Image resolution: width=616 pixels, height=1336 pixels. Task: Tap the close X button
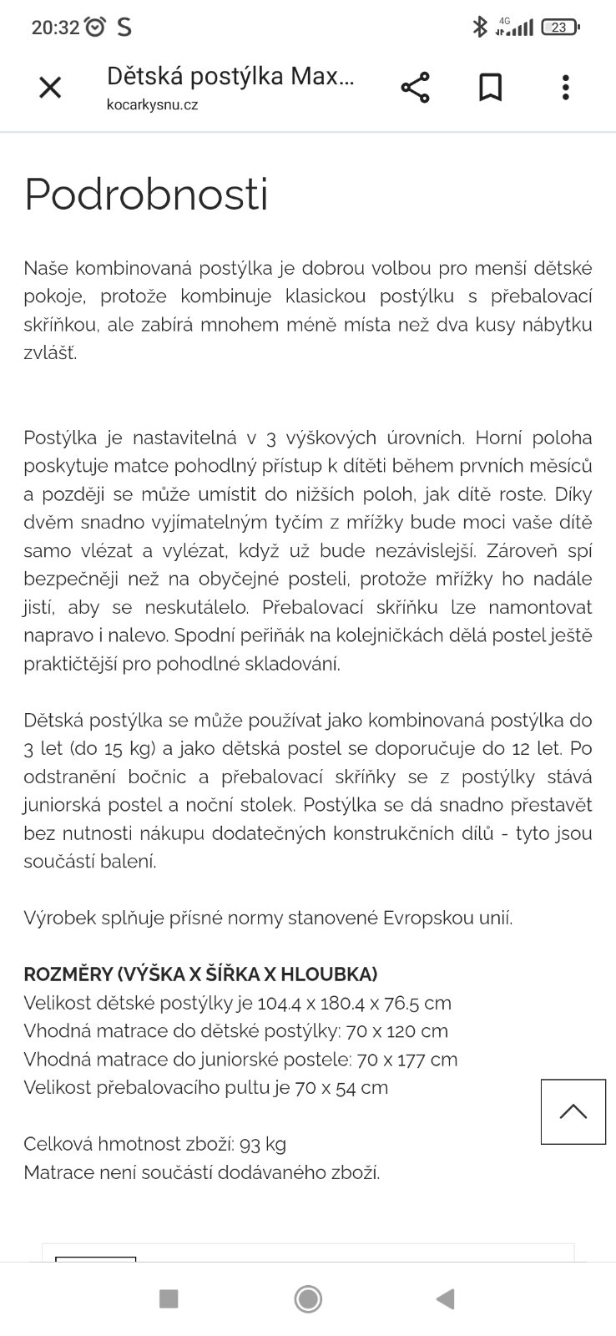coord(50,87)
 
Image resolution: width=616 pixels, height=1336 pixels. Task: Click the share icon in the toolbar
coord(415,87)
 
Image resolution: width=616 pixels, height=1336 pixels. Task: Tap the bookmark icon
coord(490,87)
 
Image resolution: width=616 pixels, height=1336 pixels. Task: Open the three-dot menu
coord(566,87)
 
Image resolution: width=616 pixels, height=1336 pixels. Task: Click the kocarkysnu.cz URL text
coord(152,105)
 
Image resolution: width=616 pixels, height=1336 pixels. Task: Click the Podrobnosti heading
coord(146,194)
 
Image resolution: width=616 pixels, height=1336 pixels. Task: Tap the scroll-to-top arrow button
coord(573,1111)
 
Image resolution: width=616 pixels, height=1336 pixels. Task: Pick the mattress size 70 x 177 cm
coord(406,1060)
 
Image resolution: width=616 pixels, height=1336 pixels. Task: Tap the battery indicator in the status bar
coord(559,28)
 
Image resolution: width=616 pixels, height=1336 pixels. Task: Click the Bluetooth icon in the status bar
coord(479,28)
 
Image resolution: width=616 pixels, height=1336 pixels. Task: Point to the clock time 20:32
coord(55,28)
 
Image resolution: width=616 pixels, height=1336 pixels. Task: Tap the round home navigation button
coord(308,1298)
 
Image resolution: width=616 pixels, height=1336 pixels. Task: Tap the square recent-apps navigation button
coord(169,1298)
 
